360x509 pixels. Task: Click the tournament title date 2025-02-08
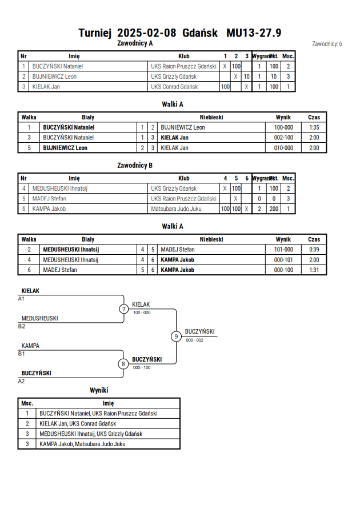(x=146, y=33)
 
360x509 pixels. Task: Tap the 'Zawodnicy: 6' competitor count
(x=327, y=44)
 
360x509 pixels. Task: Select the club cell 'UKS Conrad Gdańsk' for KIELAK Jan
(x=174, y=87)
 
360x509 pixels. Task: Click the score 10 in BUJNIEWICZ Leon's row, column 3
(x=246, y=77)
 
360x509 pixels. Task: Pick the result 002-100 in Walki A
(x=283, y=138)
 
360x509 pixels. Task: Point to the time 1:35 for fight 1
(x=314, y=127)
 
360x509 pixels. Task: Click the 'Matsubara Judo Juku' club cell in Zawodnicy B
(x=176, y=209)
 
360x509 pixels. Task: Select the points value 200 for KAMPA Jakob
(x=274, y=209)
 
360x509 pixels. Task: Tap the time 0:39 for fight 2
(x=314, y=250)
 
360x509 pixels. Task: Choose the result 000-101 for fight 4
(x=283, y=260)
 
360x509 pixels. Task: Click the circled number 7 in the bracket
(x=123, y=309)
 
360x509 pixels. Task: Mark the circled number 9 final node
(x=176, y=336)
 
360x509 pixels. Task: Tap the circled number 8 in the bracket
(x=123, y=364)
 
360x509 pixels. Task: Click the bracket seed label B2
(x=21, y=326)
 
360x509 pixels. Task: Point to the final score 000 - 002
(x=194, y=340)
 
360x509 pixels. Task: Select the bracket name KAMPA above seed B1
(x=30, y=346)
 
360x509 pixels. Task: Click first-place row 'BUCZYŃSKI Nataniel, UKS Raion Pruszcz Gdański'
(x=98, y=414)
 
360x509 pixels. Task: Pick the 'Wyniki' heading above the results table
(x=99, y=390)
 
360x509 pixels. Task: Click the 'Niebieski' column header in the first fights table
(x=211, y=117)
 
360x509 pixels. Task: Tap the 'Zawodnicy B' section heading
(x=135, y=165)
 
